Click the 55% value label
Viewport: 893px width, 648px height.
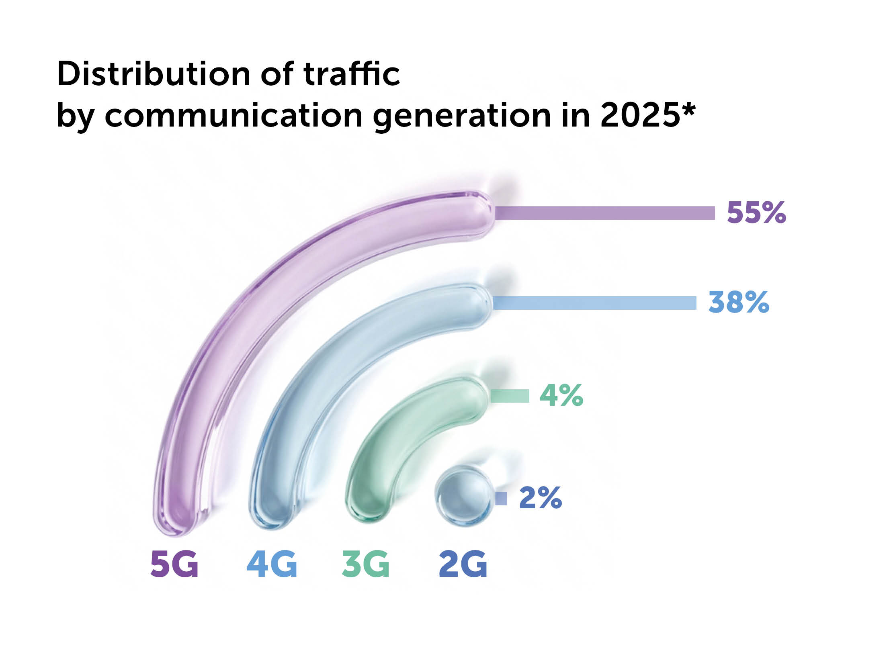tap(756, 213)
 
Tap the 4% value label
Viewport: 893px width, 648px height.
tap(561, 395)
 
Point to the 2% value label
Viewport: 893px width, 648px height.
tap(540, 498)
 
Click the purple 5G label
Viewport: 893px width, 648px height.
tap(174, 564)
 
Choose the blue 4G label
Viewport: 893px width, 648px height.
tap(272, 564)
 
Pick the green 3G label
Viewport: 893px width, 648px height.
tap(366, 564)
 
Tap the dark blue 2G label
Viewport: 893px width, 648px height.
tap(463, 564)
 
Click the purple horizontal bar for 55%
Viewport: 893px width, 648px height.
tap(605, 213)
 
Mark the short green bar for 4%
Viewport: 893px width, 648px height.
tap(510, 396)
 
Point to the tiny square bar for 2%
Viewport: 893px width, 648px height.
tap(501, 499)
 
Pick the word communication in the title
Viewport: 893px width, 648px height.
tap(233, 116)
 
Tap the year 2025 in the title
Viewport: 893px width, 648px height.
tap(639, 116)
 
